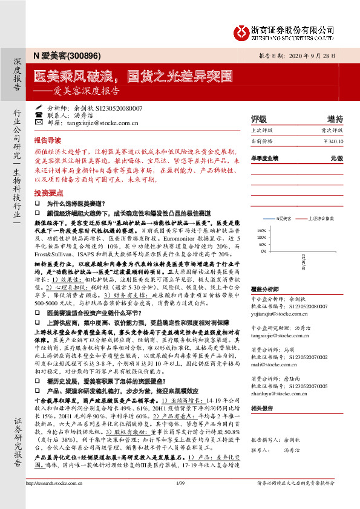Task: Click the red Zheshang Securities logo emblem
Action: pyautogui.click(x=243, y=31)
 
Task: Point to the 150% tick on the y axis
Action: pyautogui.click(x=261, y=231)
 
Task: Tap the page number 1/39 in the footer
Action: pyautogui.click(x=180, y=499)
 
